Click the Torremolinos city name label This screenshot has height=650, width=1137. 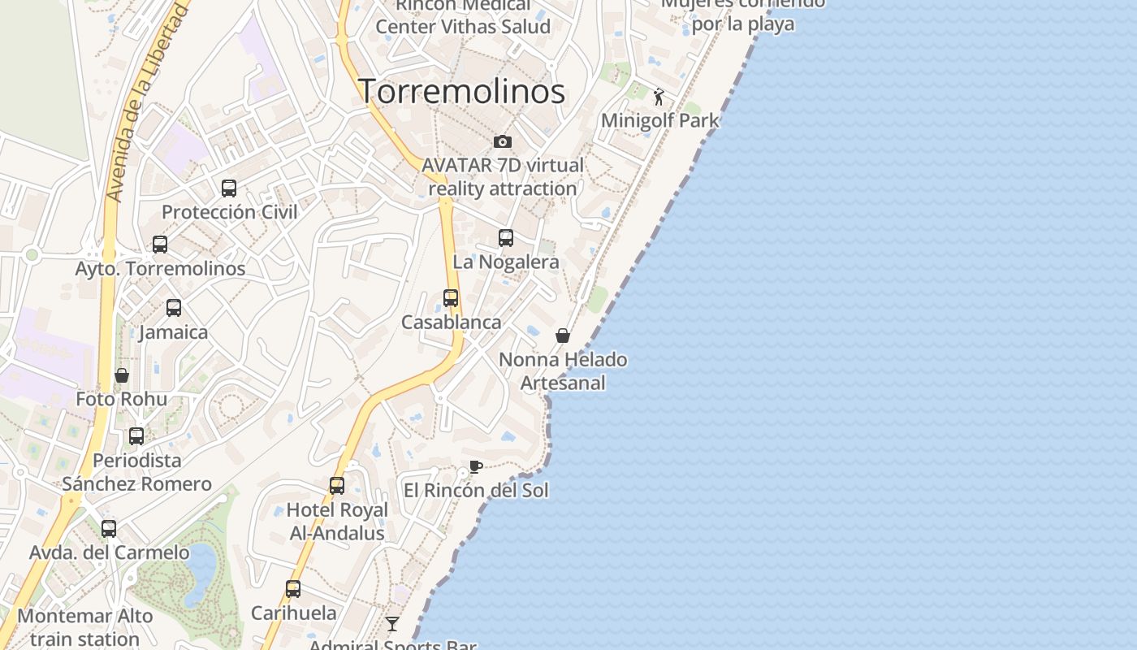[461, 91]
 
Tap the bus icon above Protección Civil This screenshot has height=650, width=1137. [229, 188]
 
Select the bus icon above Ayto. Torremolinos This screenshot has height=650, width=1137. [160, 244]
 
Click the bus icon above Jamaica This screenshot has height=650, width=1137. [174, 308]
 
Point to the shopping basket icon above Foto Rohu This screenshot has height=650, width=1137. [122, 375]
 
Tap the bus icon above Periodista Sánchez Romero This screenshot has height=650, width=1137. [136, 436]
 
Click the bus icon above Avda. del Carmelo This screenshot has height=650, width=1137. [109, 529]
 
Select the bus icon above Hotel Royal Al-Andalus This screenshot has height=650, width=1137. [337, 486]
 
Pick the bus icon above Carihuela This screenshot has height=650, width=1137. [293, 589]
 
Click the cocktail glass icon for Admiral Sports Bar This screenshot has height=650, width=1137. [392, 624]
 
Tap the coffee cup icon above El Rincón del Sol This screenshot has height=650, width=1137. [476, 466]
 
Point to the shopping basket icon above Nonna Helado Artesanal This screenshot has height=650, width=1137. [563, 336]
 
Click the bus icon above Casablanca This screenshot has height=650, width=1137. [451, 298]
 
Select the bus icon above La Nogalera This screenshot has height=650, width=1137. [506, 238]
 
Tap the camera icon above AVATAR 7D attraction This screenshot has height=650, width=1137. [503, 142]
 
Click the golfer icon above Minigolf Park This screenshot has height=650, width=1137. [659, 97]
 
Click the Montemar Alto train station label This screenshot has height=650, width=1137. [85, 626]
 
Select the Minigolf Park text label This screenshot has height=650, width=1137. [660, 121]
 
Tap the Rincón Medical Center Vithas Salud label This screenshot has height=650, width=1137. [463, 16]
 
